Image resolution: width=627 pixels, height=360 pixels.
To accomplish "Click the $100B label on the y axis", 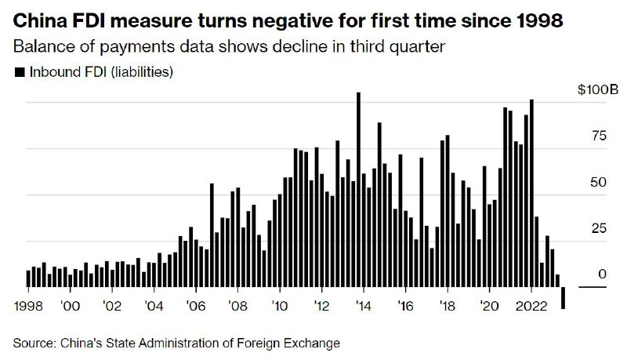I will point(587,91).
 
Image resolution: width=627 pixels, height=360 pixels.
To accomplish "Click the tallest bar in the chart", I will point(358,188).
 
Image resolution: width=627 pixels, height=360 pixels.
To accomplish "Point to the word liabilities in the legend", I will point(141,73).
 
